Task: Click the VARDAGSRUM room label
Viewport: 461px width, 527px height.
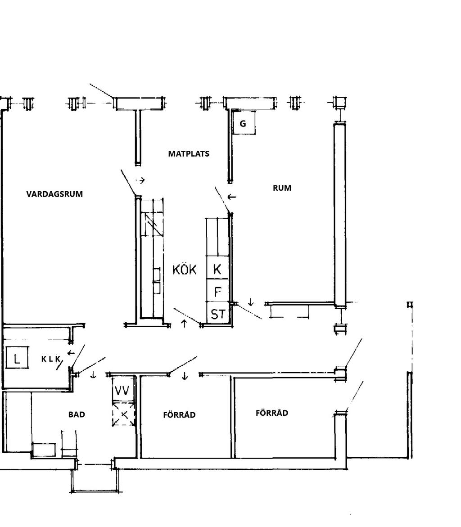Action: click(54, 194)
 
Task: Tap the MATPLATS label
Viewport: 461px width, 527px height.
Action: click(189, 153)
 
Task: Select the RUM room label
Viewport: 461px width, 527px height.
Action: click(282, 188)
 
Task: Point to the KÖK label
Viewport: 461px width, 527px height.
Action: click(184, 269)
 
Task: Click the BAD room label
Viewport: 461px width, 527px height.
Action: click(77, 414)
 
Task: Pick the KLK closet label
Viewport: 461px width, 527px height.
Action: click(51, 359)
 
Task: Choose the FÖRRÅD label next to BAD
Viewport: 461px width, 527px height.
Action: click(179, 414)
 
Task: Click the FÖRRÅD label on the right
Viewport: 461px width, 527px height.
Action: click(271, 413)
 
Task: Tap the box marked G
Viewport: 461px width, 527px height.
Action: click(244, 123)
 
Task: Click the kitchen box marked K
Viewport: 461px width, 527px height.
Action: click(217, 268)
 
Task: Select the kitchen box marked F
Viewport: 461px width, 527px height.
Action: click(217, 290)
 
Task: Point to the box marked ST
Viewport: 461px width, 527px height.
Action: click(217, 313)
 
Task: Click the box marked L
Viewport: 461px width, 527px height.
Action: click(17, 358)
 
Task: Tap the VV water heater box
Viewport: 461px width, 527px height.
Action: click(122, 390)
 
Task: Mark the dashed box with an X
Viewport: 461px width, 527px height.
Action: click(123, 414)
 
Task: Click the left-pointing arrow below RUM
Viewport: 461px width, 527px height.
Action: click(232, 197)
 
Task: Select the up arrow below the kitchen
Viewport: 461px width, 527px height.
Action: click(184, 323)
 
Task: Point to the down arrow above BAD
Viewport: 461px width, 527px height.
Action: click(93, 374)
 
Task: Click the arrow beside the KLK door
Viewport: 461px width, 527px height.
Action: click(71, 353)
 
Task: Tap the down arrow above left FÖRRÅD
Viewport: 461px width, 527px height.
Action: click(185, 375)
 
